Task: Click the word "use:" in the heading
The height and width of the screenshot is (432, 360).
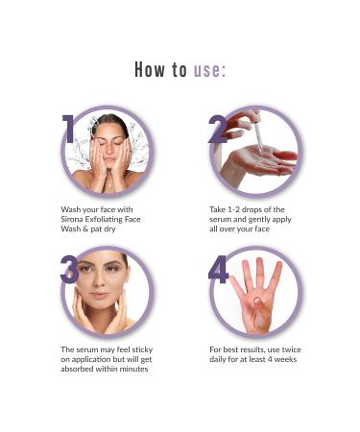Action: click(209, 69)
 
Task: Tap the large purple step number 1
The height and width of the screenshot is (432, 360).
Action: click(69, 129)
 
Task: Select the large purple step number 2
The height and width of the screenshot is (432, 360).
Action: click(218, 129)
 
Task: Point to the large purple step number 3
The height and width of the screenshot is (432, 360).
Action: click(69, 269)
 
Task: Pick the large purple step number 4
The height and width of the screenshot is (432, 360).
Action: click(219, 269)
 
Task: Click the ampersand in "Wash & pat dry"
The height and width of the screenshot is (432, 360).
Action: click(84, 229)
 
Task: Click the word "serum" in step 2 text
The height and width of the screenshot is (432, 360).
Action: click(219, 220)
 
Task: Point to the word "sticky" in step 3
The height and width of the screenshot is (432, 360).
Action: click(142, 350)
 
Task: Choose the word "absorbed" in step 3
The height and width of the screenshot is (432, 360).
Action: click(76, 369)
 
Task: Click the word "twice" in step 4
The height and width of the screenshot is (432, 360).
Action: click(291, 349)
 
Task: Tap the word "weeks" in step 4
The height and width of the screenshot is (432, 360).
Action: click(285, 359)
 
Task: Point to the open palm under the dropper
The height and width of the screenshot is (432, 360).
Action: click(260, 160)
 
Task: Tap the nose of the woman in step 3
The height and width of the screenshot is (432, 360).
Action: click(100, 280)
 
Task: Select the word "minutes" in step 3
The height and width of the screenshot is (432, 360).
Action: click(134, 369)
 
